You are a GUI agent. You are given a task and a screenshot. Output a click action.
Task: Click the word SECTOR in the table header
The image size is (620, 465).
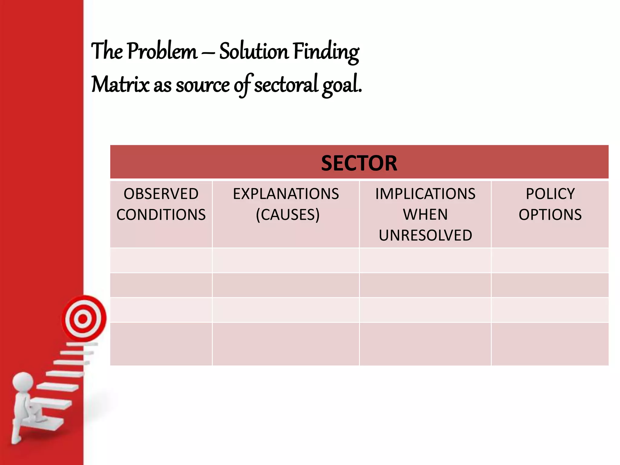(x=359, y=163)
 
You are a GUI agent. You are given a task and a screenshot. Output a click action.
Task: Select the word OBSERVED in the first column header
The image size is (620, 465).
(x=161, y=194)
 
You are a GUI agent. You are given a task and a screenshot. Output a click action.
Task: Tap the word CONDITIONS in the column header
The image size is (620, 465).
(x=161, y=215)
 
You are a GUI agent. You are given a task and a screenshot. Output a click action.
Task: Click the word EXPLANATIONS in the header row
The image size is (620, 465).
(x=286, y=194)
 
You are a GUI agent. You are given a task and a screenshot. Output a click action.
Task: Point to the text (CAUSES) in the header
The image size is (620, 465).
(x=288, y=215)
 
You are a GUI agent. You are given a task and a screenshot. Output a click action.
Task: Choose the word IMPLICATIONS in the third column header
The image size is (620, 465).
(x=425, y=194)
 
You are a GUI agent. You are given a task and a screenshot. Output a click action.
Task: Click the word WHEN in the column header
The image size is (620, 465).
(x=425, y=215)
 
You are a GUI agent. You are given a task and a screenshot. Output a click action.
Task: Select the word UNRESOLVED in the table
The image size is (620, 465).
(x=425, y=235)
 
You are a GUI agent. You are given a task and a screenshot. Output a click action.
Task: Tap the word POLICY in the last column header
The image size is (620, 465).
(x=550, y=194)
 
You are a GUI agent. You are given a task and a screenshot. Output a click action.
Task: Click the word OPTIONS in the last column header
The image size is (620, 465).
(x=550, y=215)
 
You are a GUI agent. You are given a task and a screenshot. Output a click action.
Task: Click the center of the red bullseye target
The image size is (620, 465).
(x=83, y=318)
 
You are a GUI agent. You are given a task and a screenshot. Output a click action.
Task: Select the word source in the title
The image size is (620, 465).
(x=203, y=85)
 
